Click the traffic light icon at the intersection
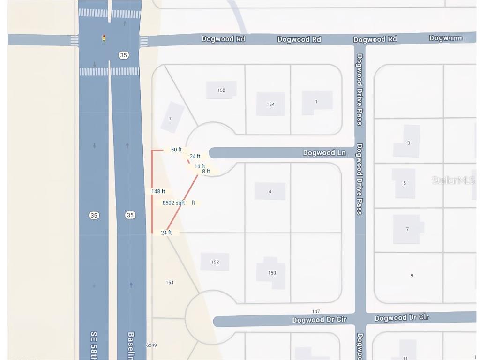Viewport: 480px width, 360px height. click(x=104, y=38)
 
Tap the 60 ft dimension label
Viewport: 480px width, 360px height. click(x=176, y=150)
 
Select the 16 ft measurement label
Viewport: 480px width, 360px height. click(x=200, y=166)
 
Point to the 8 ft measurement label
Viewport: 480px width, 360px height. click(x=206, y=172)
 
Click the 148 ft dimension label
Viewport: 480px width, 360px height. click(x=158, y=191)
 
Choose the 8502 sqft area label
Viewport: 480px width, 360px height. click(x=173, y=203)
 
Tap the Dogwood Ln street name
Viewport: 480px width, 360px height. click(x=324, y=153)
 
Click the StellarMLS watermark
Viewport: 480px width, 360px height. click(x=453, y=180)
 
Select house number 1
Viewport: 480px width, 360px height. click(x=316, y=102)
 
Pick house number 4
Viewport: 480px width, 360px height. click(x=270, y=191)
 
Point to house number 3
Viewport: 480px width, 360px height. click(x=408, y=143)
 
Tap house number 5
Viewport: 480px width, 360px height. click(x=405, y=183)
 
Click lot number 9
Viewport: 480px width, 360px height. click(x=412, y=276)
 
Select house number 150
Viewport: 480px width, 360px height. click(x=272, y=273)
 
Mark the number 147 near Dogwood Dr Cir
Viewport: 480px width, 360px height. click(x=315, y=312)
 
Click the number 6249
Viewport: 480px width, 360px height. click(x=151, y=345)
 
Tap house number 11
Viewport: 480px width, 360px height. click(x=405, y=358)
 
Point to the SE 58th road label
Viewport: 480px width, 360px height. click(x=93, y=345)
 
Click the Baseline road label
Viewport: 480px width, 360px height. click(x=131, y=345)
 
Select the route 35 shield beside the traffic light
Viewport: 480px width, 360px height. click(x=123, y=55)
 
